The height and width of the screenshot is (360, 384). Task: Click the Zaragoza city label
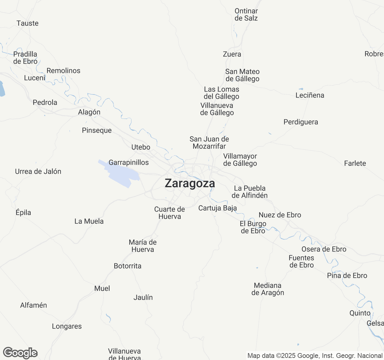[190, 183]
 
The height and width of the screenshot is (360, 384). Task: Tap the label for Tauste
[28, 23]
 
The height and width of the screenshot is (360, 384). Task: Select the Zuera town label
[232, 54]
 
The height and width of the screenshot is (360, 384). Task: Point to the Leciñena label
[310, 95]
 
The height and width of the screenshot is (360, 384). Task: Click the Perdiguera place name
[301, 122]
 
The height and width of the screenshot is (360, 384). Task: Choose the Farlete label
[355, 163]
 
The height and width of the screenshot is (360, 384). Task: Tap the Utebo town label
[141, 147]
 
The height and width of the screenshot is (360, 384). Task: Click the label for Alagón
[89, 112]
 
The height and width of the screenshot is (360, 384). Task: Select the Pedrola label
[45, 103]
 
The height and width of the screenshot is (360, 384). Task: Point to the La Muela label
[89, 221]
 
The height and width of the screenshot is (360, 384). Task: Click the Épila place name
[23, 213]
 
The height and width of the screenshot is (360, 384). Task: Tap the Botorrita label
[127, 266]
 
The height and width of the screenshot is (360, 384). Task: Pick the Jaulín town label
[143, 298]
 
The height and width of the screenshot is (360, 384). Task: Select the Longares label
[67, 326]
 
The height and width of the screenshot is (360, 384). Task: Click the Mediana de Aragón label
[268, 289]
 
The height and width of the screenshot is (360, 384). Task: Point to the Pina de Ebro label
[347, 276]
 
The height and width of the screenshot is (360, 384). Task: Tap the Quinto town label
[360, 313]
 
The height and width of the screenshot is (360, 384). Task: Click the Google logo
[20, 353]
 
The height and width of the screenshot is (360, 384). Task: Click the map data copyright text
[315, 356]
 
